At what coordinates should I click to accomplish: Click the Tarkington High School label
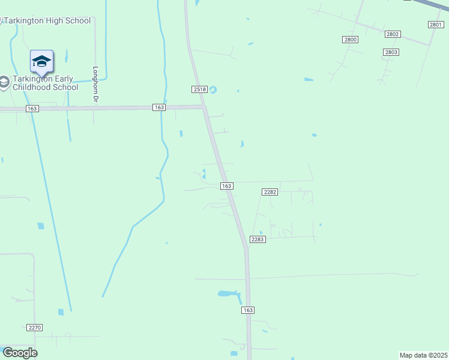48,21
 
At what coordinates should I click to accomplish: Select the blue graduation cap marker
41,62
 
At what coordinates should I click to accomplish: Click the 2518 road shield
200,89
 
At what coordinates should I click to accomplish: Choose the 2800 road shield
351,40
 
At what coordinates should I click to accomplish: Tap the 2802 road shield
393,34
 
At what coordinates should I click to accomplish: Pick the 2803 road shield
391,52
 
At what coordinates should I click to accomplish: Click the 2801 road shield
436,25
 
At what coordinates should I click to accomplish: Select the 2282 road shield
270,191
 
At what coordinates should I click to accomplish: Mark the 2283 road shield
258,239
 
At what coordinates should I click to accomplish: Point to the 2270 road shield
35,328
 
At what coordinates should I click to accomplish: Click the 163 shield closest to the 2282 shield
226,187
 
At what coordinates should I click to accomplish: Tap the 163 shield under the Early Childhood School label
32,109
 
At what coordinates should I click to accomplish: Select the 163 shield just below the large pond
249,310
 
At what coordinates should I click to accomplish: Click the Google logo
20,353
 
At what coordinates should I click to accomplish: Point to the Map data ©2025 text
424,355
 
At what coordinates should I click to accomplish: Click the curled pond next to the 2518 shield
212,91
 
